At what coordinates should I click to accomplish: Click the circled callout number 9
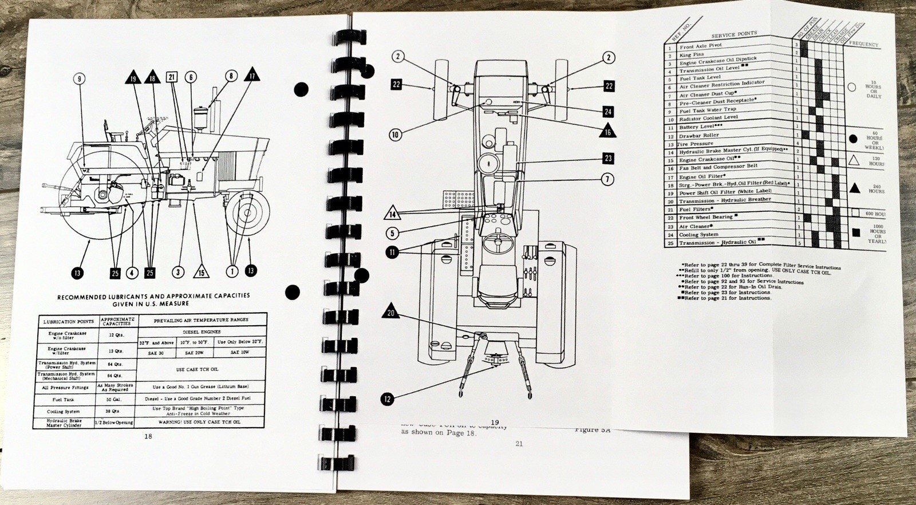pos(80,79)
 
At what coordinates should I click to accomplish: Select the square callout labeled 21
pos(172,77)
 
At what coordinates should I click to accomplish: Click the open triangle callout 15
pos(201,271)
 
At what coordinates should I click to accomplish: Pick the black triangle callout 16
pos(607,131)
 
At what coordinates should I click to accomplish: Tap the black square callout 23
pos(608,158)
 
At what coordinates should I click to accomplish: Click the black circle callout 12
pos(388,399)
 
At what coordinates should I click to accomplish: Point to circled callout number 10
pos(395,135)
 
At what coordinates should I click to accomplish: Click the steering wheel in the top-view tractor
pos(496,244)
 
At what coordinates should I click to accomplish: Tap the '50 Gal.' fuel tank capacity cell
pos(117,399)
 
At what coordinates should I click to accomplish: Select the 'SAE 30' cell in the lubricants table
pos(156,353)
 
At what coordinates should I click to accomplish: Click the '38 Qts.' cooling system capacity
pos(117,411)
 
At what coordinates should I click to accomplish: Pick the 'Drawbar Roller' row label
pos(699,136)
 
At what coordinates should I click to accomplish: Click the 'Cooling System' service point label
pos(698,234)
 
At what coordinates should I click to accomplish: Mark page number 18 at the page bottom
pos(148,436)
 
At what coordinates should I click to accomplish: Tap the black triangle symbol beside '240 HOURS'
pos(855,187)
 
